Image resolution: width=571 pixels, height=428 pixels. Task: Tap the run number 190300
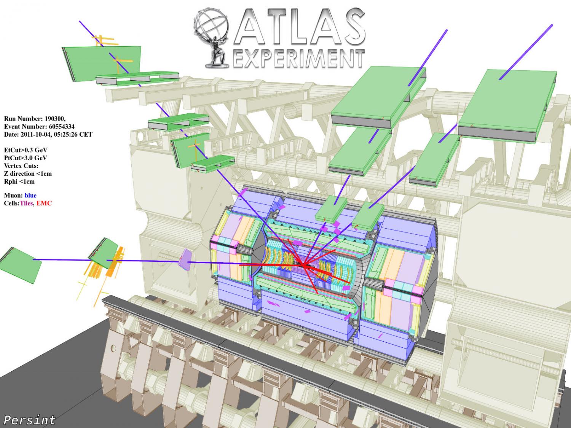56,118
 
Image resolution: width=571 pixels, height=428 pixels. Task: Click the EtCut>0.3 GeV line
26,150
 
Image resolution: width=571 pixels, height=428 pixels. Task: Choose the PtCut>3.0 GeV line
26,158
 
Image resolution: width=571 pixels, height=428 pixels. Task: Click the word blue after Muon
30,196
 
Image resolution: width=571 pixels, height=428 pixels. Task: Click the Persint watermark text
29,420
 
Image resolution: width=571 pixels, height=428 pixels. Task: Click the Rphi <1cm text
19,181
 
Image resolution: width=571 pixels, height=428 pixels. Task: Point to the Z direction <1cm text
28,173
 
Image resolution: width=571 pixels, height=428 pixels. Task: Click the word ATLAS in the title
299,27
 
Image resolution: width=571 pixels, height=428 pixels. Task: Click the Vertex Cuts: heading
21,166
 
